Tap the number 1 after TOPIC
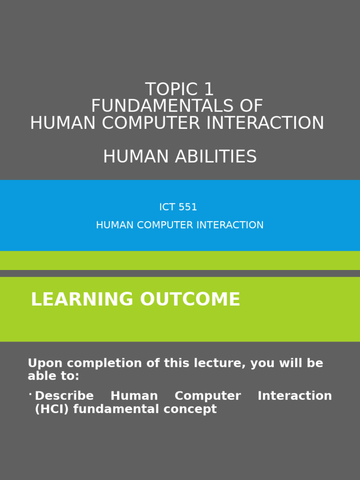click(208, 90)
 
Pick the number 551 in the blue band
click(188, 207)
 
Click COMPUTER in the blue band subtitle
click(164, 225)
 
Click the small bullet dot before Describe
click(30, 395)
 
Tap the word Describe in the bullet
click(64, 396)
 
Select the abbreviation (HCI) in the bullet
click(52, 409)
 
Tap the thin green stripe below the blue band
click(180, 260)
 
